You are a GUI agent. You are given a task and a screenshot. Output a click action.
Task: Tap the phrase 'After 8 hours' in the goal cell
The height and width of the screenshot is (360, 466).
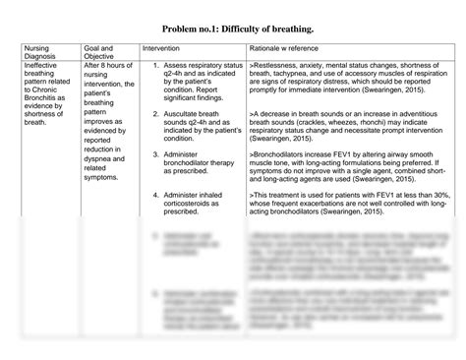click(109, 66)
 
